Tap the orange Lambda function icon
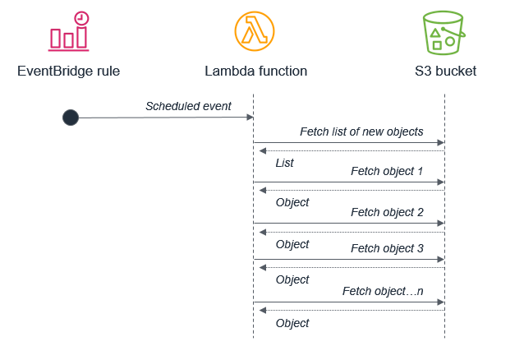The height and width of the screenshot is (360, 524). click(255, 31)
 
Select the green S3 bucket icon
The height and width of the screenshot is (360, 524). click(444, 32)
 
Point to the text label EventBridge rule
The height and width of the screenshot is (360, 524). click(69, 71)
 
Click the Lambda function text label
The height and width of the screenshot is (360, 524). click(255, 71)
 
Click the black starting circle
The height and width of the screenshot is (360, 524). click(71, 118)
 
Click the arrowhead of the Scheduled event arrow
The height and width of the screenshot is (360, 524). click(249, 118)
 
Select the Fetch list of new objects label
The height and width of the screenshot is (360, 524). click(361, 132)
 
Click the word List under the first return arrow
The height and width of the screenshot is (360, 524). click(285, 163)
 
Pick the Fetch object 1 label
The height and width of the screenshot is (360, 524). click(387, 171)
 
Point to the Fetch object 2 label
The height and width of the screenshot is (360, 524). click(387, 212)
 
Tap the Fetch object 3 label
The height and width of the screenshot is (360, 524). click(387, 248)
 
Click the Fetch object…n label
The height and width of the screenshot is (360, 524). click(383, 292)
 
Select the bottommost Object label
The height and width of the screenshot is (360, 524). click(292, 323)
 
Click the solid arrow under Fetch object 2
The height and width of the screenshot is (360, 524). click(349, 223)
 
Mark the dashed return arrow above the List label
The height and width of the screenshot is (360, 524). click(349, 150)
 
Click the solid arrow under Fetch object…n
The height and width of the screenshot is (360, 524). click(349, 302)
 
